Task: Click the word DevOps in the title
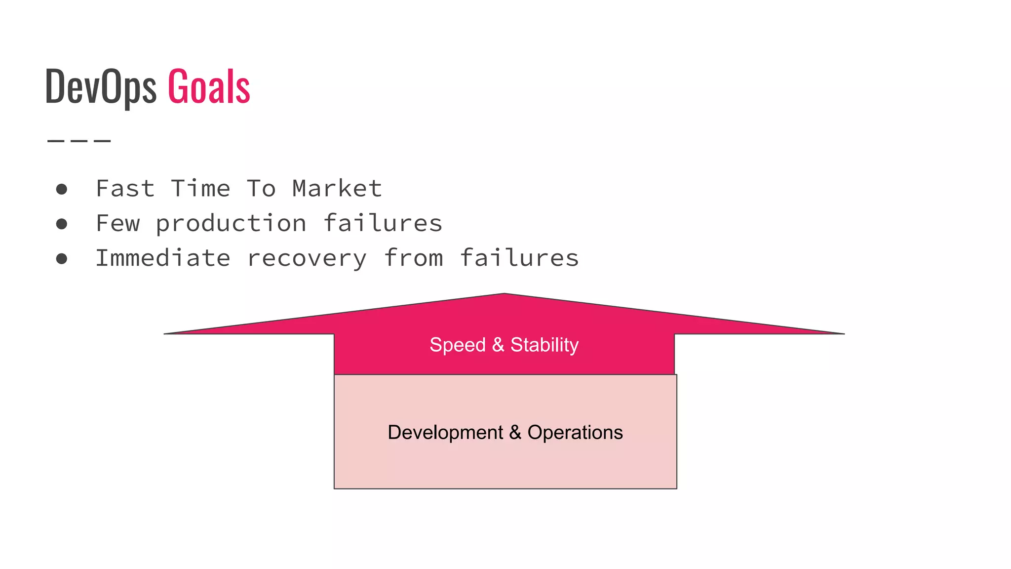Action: tap(100, 87)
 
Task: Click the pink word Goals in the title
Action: tap(209, 87)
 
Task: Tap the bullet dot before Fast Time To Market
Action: tap(62, 189)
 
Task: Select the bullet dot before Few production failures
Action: tap(62, 224)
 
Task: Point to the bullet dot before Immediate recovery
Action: tap(62, 259)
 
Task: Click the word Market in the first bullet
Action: tap(337, 189)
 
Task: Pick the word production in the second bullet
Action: tap(231, 224)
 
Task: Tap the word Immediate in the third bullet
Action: tap(163, 258)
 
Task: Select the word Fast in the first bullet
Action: tap(125, 189)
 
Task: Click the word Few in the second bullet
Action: tap(118, 224)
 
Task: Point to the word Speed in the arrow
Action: tap(458, 345)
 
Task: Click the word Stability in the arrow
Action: tap(544, 345)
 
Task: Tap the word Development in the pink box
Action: tap(445, 433)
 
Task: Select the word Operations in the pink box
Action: tap(575, 433)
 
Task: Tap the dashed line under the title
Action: tap(79, 141)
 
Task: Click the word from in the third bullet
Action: tap(413, 258)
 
